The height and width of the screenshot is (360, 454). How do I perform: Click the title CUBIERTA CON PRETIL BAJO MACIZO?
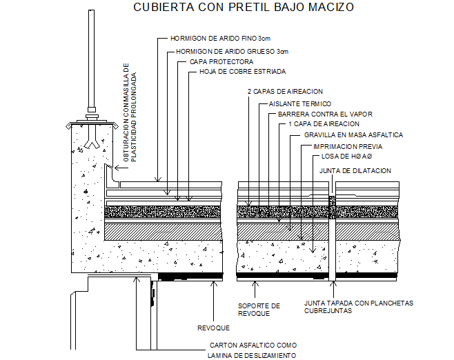pos(243,7)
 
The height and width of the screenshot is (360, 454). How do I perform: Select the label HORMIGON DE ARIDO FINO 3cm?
pos(220,38)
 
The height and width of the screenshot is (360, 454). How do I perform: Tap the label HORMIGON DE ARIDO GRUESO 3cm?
pos(233,52)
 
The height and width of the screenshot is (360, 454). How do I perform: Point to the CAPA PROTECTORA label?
pos(221,61)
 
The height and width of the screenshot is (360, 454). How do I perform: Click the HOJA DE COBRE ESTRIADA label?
pos(243,72)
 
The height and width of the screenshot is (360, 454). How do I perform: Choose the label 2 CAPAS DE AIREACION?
pos(285,92)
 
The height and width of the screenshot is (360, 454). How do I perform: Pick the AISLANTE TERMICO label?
pos(300,103)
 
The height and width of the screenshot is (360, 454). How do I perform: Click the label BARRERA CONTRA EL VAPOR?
pos(325,114)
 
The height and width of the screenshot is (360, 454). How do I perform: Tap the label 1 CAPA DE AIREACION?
pos(324,124)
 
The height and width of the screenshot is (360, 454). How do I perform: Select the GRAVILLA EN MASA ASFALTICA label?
pos(353,135)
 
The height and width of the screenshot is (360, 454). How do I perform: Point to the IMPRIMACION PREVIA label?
pos(348,146)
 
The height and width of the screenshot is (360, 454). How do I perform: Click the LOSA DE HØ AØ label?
pos(346,157)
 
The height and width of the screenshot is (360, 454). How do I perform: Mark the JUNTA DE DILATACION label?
pos(355,171)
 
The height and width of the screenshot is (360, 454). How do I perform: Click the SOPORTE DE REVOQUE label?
pos(259,310)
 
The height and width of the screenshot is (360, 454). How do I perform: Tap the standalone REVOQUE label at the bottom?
pos(213,328)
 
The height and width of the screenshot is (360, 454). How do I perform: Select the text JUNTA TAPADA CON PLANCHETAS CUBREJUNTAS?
pos(359,307)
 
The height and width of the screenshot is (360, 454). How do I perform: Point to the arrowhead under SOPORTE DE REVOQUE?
pos(255,283)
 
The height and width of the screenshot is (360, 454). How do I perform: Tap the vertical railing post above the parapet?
pos(91,59)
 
